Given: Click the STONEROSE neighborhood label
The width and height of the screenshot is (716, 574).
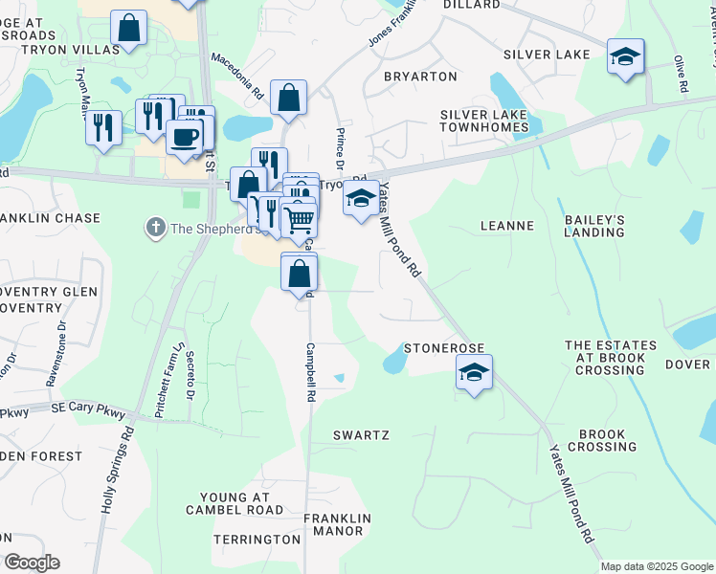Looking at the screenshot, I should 444,348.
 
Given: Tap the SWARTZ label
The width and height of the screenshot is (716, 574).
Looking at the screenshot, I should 361,435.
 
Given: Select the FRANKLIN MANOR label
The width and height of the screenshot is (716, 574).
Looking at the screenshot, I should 333,524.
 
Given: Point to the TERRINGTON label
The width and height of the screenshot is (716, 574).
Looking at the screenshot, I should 257,540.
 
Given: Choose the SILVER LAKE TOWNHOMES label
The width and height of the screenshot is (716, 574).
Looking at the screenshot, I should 483,121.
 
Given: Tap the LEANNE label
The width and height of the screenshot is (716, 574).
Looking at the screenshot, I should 506,227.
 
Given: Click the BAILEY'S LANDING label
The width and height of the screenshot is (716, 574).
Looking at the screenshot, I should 594,226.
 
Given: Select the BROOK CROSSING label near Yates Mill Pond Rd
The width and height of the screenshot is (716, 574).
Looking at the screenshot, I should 602,440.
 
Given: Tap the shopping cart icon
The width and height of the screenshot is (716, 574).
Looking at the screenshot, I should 300,220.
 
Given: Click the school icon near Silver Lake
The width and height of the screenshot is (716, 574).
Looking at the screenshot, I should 625,57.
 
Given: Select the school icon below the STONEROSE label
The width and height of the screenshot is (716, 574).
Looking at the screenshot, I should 474,372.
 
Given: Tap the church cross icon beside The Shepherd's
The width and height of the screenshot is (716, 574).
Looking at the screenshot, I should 155,228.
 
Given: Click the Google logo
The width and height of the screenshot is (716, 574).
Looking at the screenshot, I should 32,563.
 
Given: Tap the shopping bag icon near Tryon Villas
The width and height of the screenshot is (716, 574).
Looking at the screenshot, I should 128,29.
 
